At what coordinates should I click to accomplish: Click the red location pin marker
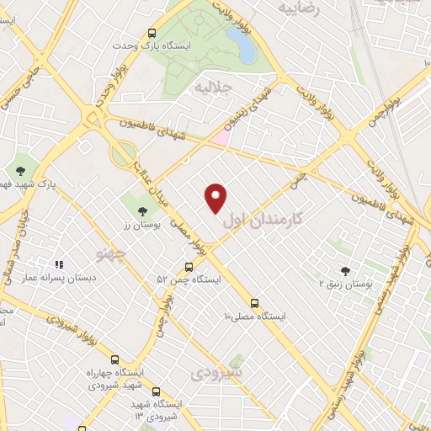(216, 199)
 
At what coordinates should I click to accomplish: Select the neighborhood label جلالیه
(211, 87)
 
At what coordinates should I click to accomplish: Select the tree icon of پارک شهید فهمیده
(19, 171)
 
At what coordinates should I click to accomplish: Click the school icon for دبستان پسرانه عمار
(59, 264)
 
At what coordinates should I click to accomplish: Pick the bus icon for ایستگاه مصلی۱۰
(254, 303)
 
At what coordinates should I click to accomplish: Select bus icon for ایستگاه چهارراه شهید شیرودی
(115, 359)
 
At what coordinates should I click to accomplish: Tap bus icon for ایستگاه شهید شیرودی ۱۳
(156, 391)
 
